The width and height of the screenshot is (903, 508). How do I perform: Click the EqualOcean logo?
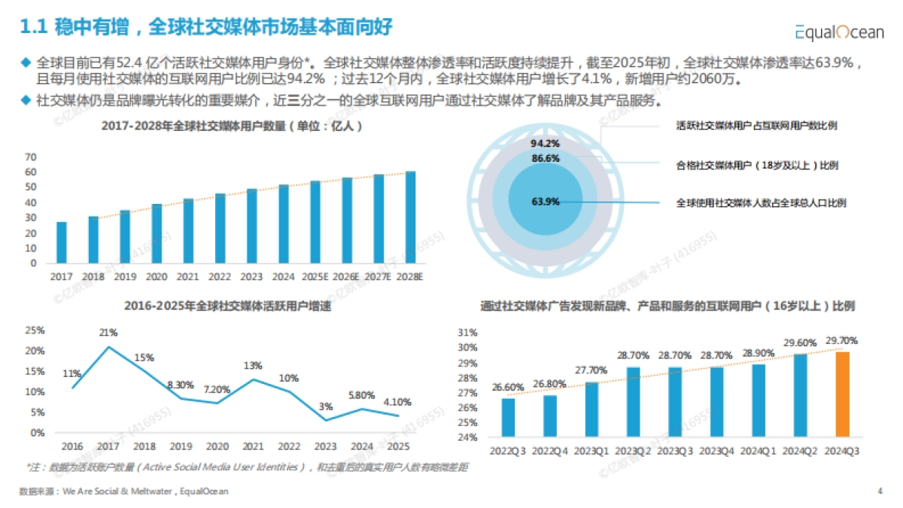coord(839,32)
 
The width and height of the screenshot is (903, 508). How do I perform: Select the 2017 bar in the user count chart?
coord(62,242)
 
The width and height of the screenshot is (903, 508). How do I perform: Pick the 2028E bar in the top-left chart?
coord(410,217)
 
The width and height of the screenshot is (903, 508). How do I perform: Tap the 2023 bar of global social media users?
coord(251,226)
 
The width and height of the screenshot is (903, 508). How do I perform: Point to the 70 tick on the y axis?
coord(31,157)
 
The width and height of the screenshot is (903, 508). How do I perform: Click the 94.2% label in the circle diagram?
coord(545,143)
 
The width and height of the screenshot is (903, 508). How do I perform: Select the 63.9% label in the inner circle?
coord(545,202)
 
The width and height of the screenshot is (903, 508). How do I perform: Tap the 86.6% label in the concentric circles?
coord(545,159)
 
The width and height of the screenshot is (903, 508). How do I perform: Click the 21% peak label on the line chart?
coord(108,333)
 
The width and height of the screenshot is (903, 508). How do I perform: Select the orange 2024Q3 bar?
coord(842,394)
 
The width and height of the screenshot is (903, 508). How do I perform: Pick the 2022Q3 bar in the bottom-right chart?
coord(509,417)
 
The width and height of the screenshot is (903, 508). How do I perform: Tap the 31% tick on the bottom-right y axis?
coord(467,333)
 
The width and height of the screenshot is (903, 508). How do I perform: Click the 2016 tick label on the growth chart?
coord(72,446)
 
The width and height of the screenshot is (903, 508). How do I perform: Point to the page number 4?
coord(880,491)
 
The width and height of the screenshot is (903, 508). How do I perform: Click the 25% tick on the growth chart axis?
coord(35,330)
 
